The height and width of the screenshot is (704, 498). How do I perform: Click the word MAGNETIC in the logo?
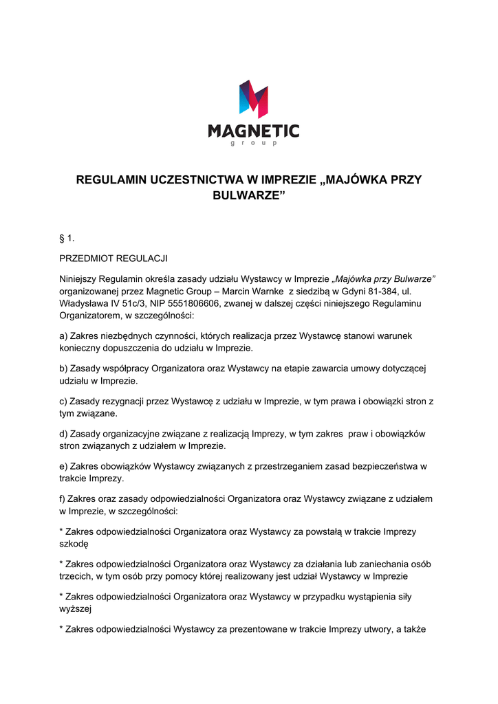(x=254, y=131)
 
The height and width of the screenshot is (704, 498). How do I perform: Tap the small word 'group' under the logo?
(x=254, y=144)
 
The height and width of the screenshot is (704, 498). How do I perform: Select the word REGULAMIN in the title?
(x=113, y=180)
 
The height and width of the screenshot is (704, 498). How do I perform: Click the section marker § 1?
(x=67, y=239)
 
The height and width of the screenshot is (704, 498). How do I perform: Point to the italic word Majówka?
(x=354, y=278)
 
